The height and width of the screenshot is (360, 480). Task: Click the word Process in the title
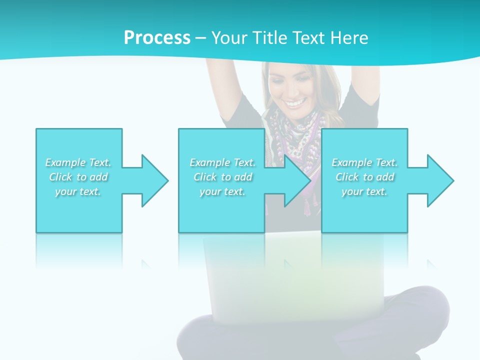point(157,37)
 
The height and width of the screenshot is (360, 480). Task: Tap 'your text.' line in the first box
point(78,191)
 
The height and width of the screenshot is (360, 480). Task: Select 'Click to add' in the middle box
point(222,177)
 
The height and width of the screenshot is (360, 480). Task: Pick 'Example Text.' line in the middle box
point(222,162)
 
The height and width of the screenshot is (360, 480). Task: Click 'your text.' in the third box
point(364,191)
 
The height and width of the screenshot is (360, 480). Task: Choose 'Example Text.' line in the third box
point(364,162)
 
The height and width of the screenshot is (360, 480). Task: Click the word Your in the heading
point(228,37)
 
